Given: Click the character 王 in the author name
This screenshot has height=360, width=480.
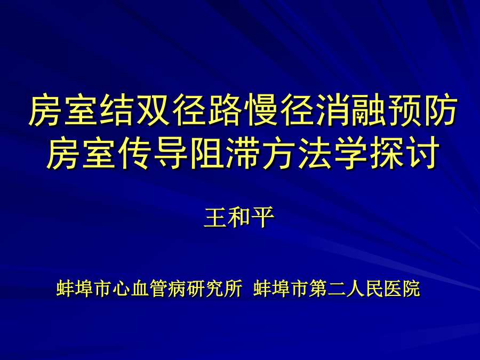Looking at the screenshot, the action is coord(216,218).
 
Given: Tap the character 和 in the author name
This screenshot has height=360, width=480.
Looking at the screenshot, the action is coord(239,218).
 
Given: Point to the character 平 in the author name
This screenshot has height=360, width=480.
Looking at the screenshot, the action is coord(263,218).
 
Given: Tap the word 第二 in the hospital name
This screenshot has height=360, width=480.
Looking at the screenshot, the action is coord(327,288).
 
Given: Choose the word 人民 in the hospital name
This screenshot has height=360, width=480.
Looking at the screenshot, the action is coord(365,288).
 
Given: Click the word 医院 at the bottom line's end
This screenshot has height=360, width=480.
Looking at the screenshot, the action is coord(402,288).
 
